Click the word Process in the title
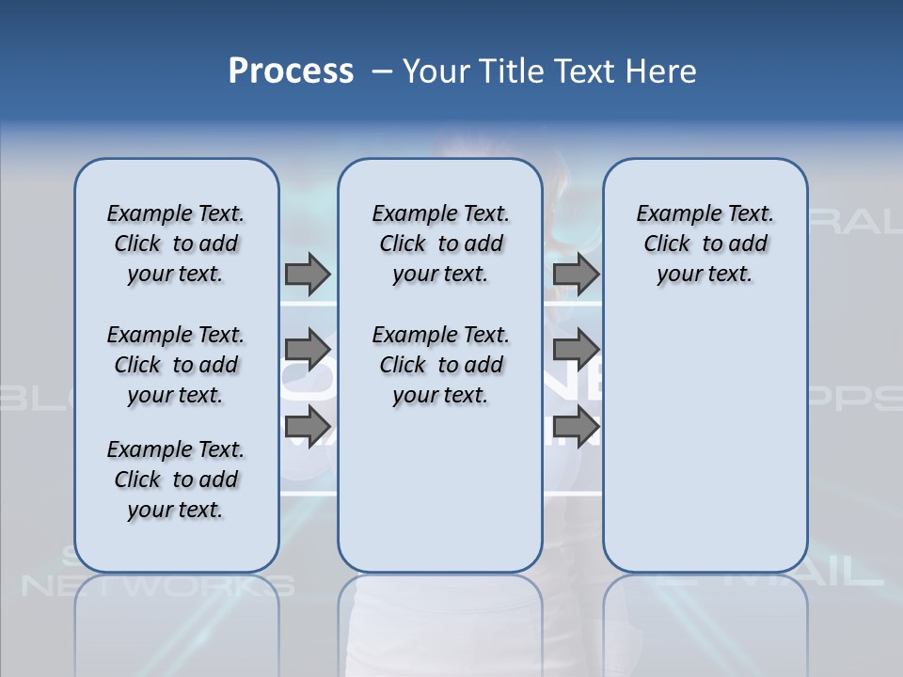click(x=291, y=71)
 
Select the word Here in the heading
click(x=662, y=71)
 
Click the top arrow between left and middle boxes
click(x=308, y=274)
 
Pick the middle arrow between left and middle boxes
click(x=308, y=350)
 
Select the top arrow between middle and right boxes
click(x=577, y=274)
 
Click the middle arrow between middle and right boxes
click(x=577, y=350)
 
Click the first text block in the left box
click(x=176, y=244)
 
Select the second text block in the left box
click(x=176, y=365)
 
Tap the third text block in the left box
click(x=176, y=480)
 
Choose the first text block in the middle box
click(x=440, y=244)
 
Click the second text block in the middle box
click(x=440, y=365)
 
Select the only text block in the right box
click(x=705, y=244)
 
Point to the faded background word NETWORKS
click(x=157, y=586)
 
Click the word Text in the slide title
click(x=591, y=71)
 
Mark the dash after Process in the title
click(x=382, y=71)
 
